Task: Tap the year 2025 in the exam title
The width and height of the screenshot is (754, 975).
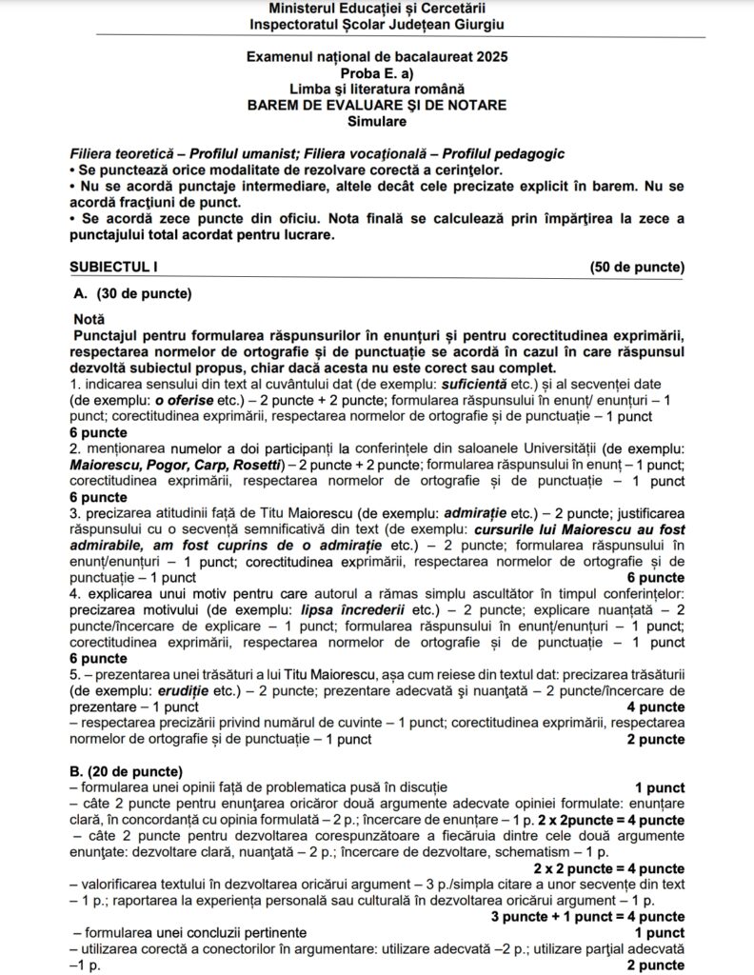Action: click(x=489, y=58)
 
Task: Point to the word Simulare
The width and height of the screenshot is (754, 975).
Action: click(x=376, y=122)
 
